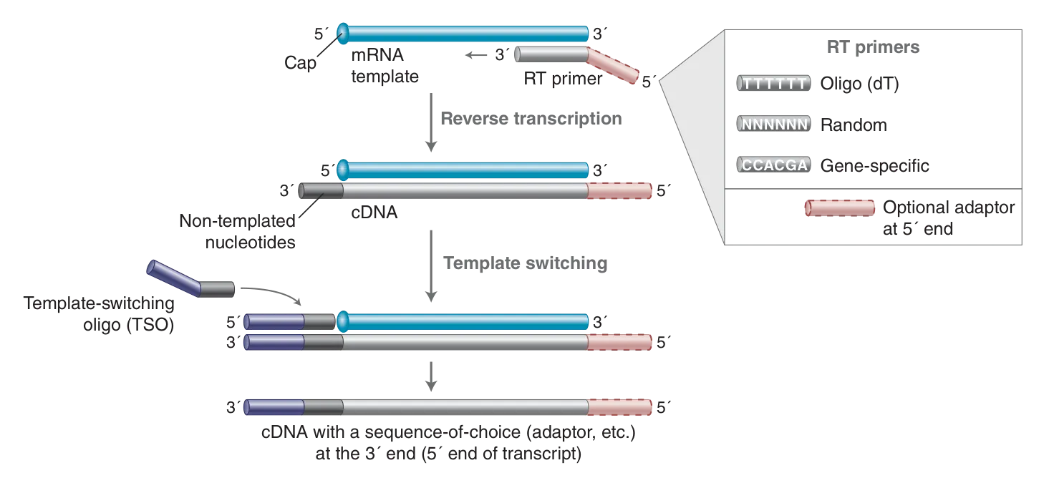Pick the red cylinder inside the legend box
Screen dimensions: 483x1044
[x=840, y=208]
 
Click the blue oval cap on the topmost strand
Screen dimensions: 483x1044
[x=342, y=31]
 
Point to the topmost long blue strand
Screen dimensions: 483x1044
[x=465, y=32]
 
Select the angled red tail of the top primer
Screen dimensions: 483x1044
[x=613, y=67]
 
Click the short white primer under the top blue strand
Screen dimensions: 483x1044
[x=550, y=54]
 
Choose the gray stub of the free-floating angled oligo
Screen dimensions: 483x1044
[x=218, y=288]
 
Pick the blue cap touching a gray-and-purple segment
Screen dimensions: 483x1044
[x=342, y=321]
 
